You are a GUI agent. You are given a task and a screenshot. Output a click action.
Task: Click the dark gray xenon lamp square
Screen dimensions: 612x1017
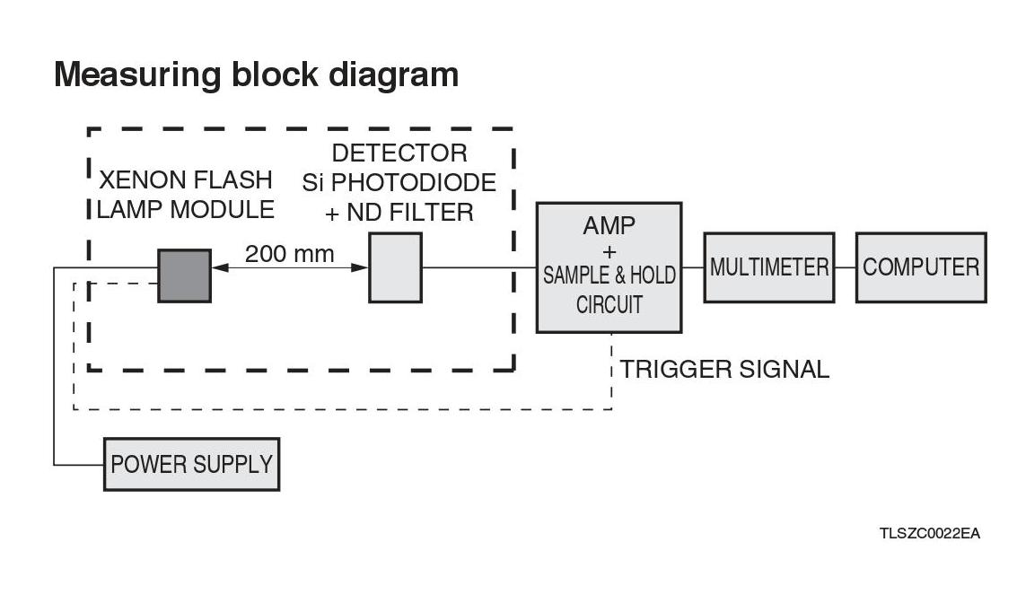(x=185, y=275)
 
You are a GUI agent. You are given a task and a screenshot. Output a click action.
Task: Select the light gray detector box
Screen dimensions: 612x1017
(x=395, y=267)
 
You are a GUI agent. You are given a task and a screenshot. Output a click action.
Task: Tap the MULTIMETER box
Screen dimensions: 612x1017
(x=769, y=267)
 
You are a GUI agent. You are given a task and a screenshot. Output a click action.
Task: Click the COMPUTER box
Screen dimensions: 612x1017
(x=921, y=267)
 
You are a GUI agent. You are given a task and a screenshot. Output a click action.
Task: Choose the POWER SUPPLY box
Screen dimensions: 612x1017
(x=191, y=464)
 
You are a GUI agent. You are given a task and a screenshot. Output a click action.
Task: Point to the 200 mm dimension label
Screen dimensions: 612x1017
(x=289, y=254)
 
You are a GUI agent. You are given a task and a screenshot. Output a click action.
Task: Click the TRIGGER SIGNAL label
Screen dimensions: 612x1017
(x=724, y=369)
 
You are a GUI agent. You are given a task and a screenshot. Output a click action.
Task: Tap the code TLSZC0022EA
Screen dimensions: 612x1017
(x=929, y=534)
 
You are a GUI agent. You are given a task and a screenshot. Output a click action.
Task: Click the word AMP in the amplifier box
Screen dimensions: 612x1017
(x=609, y=225)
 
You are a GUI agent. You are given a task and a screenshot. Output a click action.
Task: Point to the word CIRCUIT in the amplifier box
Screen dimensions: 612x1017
(x=609, y=305)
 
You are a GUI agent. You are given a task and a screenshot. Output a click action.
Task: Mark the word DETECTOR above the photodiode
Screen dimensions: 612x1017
(x=399, y=153)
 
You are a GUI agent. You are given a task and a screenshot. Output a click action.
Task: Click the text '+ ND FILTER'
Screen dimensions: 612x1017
(x=399, y=213)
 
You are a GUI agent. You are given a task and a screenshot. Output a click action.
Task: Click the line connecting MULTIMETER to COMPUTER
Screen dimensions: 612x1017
(x=845, y=267)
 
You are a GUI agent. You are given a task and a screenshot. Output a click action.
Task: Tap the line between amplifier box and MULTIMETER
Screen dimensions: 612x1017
(x=692, y=267)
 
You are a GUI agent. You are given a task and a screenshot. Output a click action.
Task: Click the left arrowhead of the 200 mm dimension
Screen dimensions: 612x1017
(x=218, y=267)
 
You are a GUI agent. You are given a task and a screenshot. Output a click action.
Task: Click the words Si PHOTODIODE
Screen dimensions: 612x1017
(x=399, y=183)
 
